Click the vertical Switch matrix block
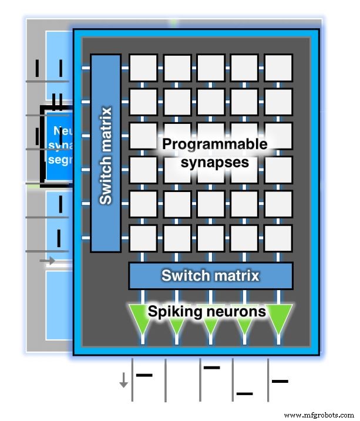click(x=106, y=153)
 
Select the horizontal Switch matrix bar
click(x=210, y=276)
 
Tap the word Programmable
click(x=215, y=144)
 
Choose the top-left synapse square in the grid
click(x=143, y=68)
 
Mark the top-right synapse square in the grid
click(x=278, y=68)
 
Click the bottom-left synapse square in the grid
click(x=143, y=238)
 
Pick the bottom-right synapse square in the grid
click(x=278, y=238)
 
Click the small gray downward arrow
click(x=123, y=382)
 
